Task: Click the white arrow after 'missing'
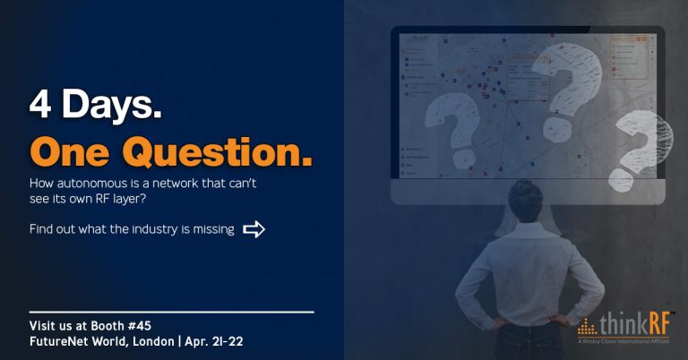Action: pyautogui.click(x=254, y=229)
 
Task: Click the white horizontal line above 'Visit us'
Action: pyautogui.click(x=171, y=312)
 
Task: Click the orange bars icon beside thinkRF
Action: pyautogui.click(x=588, y=324)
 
